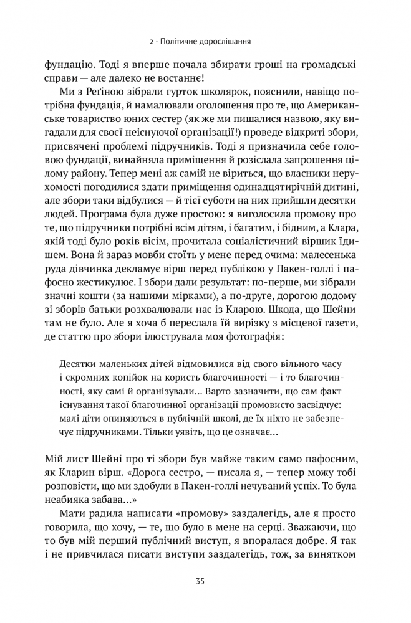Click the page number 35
[205, 582]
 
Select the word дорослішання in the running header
[222, 42]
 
